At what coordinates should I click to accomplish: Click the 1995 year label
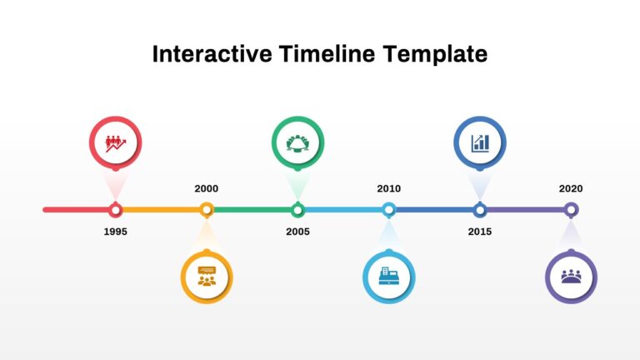click(x=116, y=232)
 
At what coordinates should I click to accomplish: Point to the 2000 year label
click(x=207, y=188)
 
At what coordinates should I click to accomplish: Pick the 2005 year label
click(x=297, y=232)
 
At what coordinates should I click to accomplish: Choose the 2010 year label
click(x=388, y=188)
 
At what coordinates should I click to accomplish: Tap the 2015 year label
click(x=479, y=232)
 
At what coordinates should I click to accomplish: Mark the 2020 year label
click(x=571, y=188)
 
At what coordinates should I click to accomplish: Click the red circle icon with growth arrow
click(x=116, y=142)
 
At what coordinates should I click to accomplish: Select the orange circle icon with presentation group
click(x=207, y=277)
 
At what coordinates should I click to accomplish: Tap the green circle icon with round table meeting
click(x=297, y=142)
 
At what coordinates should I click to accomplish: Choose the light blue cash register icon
click(x=388, y=277)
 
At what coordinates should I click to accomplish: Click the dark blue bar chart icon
click(x=480, y=142)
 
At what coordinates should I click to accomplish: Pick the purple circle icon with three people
click(x=571, y=277)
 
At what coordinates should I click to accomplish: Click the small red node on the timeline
click(x=116, y=210)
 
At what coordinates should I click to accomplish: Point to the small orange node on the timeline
click(x=207, y=210)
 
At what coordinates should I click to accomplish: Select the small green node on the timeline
click(x=297, y=210)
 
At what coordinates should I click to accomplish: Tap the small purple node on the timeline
click(x=571, y=210)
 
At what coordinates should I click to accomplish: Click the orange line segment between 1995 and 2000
click(x=162, y=210)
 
